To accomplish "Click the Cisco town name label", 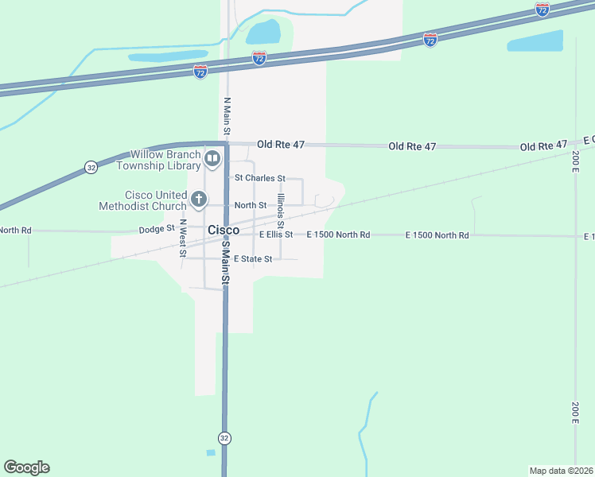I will point(224,230).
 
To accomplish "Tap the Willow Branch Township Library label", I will point(158,160).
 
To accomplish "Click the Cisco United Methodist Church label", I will point(143,200).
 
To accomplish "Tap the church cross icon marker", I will point(198,200).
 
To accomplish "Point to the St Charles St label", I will point(257,179).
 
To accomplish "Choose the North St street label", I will point(250,205).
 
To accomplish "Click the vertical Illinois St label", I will point(280,213).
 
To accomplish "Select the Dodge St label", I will point(156,228).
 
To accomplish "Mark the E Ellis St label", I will point(276,235).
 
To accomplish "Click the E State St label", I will point(253,259).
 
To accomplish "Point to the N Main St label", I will point(227,116).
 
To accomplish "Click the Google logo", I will point(26,467).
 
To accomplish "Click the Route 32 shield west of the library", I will point(91,167).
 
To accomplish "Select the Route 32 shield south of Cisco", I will point(225,438).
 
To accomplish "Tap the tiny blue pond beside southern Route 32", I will point(210,453).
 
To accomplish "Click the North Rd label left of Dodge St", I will point(15,231).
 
